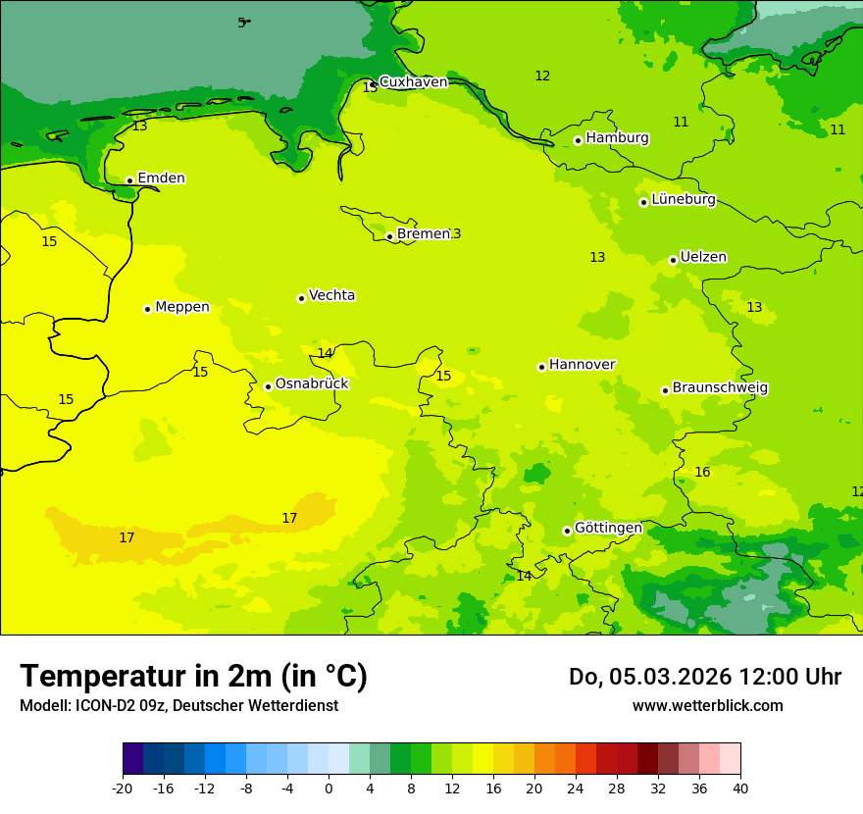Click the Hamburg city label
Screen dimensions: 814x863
(617, 138)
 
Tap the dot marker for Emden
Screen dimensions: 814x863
(129, 180)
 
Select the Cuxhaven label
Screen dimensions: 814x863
(413, 82)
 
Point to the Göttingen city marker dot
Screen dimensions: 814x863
(567, 531)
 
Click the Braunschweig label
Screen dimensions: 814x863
(720, 388)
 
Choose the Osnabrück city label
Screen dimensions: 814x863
(312, 384)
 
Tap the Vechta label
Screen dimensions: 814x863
(331, 295)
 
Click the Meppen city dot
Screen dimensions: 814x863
(147, 309)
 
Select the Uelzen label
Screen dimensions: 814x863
(703, 258)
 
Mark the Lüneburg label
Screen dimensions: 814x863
(683, 200)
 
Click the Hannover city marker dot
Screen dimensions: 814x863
(541, 367)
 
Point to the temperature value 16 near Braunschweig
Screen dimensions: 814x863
(702, 473)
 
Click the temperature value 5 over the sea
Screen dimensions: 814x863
(241, 23)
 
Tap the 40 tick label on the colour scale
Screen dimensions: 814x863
(740, 788)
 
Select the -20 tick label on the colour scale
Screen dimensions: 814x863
(123, 788)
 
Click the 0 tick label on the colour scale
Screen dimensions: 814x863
(329, 788)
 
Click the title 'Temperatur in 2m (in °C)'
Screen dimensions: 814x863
(193, 677)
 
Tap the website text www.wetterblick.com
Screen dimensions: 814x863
(707, 706)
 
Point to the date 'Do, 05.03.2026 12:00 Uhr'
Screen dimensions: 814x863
(704, 677)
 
